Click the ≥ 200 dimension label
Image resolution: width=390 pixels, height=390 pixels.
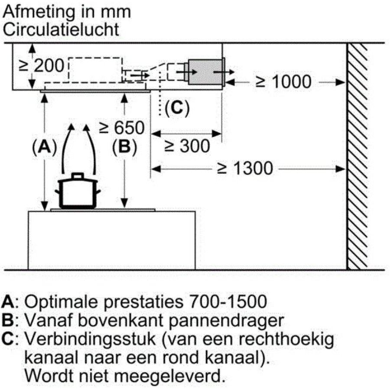(x=42, y=66)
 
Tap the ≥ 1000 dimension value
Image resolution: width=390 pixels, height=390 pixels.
(x=283, y=81)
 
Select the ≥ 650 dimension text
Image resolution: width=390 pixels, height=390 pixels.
(x=122, y=127)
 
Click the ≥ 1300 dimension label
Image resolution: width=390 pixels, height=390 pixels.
(x=245, y=169)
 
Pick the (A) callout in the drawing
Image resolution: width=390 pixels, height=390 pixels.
(x=45, y=146)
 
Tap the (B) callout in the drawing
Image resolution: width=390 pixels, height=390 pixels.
(x=124, y=146)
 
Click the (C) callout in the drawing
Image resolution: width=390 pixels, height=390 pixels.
(x=177, y=108)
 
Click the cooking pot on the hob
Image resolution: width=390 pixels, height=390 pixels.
(x=78, y=191)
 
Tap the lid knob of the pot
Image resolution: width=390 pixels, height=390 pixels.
(x=78, y=175)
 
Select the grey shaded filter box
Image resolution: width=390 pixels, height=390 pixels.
(x=206, y=72)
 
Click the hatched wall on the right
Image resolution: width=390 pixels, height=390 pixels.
(x=357, y=156)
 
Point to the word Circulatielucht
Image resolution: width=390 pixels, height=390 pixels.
(x=61, y=29)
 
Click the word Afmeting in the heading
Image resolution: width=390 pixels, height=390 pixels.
(x=39, y=12)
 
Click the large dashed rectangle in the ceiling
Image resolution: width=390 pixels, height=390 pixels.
(x=95, y=70)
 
